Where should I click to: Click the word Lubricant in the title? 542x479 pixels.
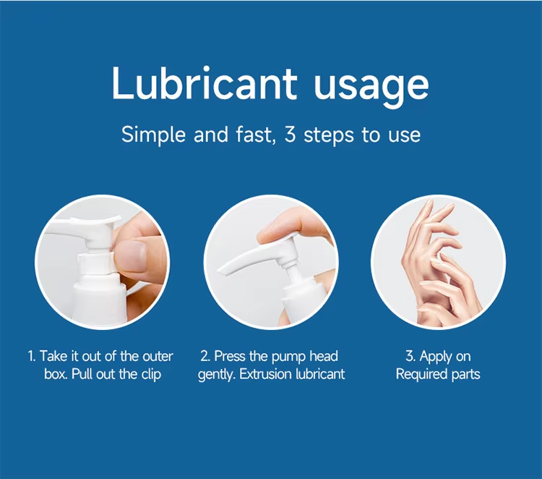click(x=205, y=83)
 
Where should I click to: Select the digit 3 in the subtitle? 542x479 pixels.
click(x=291, y=135)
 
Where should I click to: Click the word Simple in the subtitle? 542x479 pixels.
click(x=153, y=135)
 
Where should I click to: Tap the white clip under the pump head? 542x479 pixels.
click(x=95, y=263)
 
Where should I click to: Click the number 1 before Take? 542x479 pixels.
click(x=31, y=356)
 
